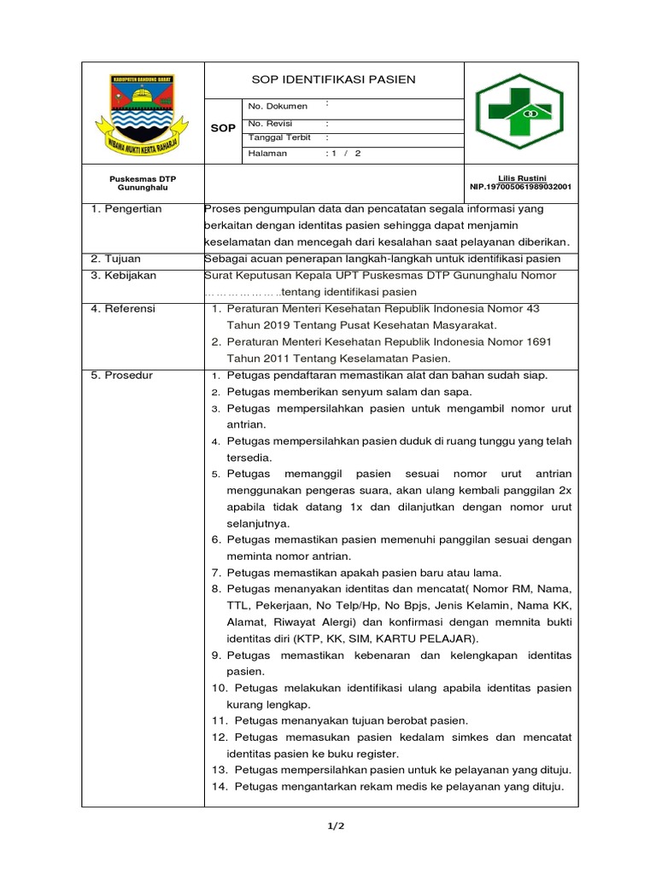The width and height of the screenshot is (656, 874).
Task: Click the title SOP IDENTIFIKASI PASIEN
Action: click(x=333, y=79)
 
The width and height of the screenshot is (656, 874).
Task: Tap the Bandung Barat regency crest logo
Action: click(x=143, y=111)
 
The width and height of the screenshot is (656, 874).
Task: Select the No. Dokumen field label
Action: click(x=278, y=106)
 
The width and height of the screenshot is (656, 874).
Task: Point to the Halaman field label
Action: click(x=267, y=154)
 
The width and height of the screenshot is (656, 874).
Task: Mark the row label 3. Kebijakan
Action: click(x=124, y=276)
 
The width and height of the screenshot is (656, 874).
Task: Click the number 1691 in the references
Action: click(x=538, y=341)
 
